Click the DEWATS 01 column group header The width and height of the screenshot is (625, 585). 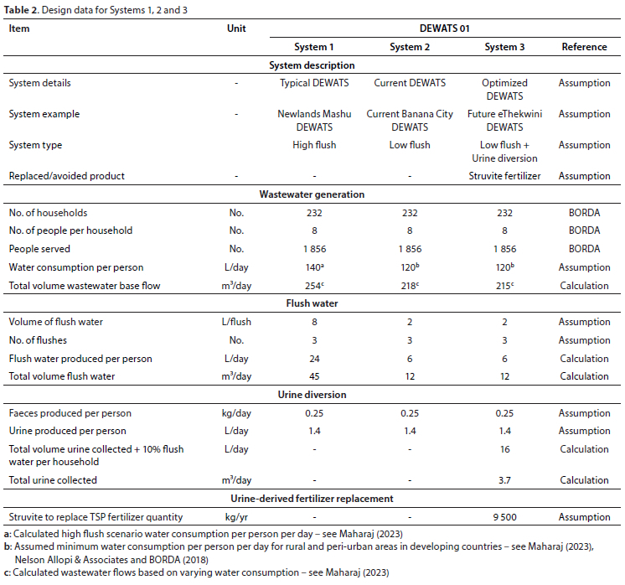tap(444, 28)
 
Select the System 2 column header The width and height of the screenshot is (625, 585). tap(410, 47)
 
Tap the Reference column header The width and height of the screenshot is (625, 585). tap(584, 47)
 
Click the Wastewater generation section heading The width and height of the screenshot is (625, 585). tap(312, 194)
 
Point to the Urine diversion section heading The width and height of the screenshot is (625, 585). tap(312, 395)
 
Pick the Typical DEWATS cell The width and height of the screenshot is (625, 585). tap(314, 83)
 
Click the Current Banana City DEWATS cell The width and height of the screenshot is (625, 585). tap(410, 121)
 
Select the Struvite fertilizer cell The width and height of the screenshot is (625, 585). tap(504, 176)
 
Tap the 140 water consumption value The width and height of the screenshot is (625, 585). tap(314, 267)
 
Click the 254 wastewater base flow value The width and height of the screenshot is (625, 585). tap(314, 286)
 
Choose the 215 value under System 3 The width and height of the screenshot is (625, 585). tap(504, 286)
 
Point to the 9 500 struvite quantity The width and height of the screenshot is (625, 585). tap(504, 517)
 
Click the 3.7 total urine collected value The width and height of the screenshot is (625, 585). tap(504, 480)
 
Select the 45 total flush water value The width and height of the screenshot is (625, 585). tap(314, 376)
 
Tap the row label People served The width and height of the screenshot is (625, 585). tap(39, 249)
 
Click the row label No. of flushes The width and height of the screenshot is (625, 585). tap(38, 340)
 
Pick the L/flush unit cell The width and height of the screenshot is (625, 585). tap(236, 322)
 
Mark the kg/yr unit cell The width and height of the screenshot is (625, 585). tap(236, 517)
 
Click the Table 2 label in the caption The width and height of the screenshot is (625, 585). tap(21, 10)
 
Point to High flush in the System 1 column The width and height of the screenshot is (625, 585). tap(314, 145)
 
